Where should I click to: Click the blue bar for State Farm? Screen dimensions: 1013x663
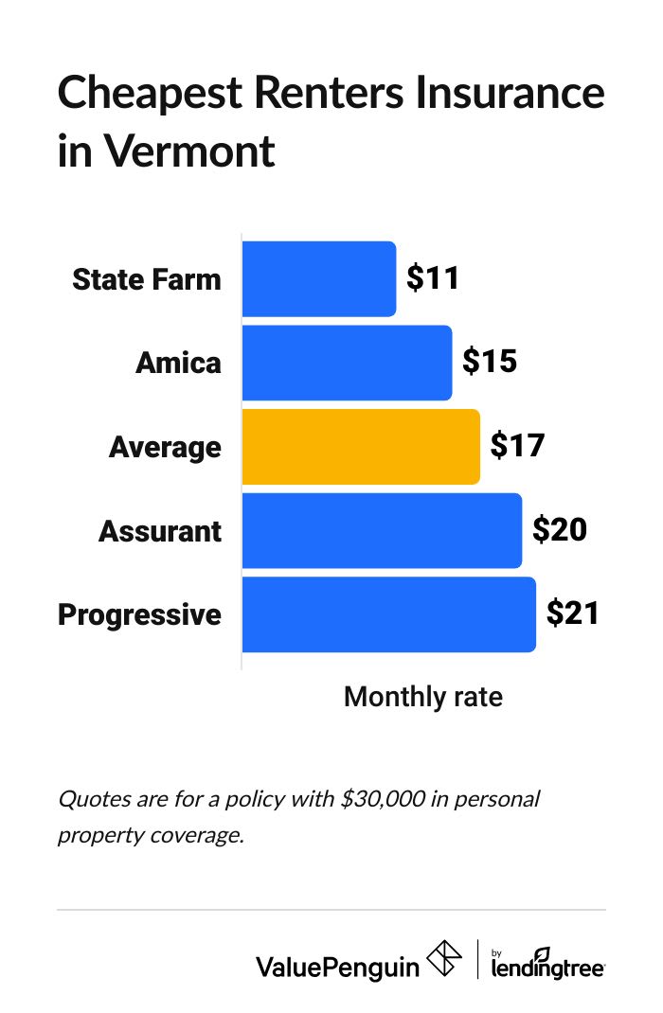[319, 278]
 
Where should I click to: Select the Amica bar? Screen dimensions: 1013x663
[347, 363]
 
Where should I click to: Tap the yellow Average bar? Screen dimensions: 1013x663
[361, 447]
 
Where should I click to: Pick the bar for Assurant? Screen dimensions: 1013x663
[382, 530]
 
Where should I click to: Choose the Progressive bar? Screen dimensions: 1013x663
[388, 614]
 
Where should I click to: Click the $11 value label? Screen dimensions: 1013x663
[433, 278]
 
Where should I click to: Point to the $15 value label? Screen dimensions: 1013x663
[489, 363]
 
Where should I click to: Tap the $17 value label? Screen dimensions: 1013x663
[517, 447]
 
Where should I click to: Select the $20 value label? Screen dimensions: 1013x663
[560, 530]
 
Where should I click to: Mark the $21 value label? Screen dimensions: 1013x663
[573, 614]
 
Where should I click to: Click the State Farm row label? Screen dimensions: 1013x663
[147, 279]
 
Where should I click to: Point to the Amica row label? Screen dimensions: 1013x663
[178, 364]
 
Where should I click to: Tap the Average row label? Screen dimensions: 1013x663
[165, 447]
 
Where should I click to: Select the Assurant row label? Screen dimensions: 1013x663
[160, 531]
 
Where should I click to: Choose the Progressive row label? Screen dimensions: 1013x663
[140, 615]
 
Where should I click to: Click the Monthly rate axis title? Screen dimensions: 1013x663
[422, 698]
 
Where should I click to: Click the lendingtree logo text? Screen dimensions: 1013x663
[548, 966]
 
